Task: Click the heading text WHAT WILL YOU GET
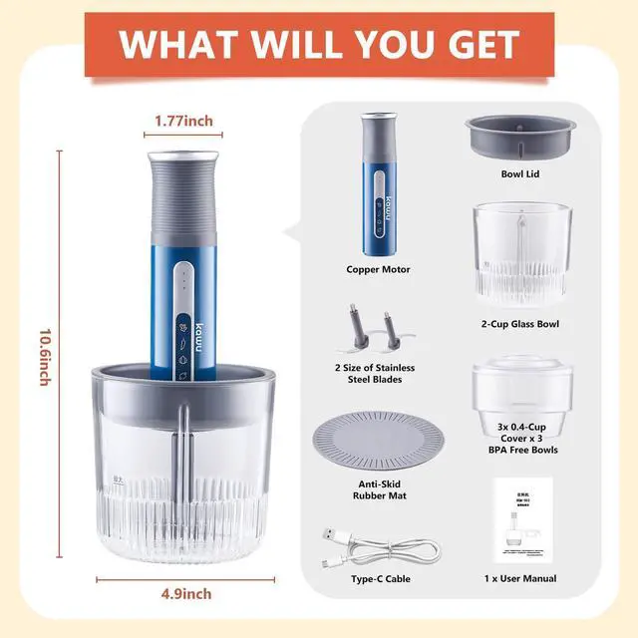coord(319,43)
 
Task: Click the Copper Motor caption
coord(378,269)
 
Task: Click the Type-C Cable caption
coord(379,578)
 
